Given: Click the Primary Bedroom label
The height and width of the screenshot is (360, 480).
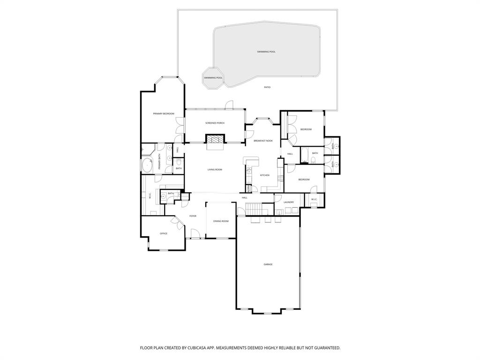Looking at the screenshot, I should pyautogui.click(x=164, y=114).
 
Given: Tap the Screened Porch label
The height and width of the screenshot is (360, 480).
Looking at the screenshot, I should pyautogui.click(x=215, y=123).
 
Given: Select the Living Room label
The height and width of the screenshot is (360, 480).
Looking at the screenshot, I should pyautogui.click(x=215, y=170).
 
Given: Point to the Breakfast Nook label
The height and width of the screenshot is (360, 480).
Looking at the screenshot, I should pyautogui.click(x=263, y=141).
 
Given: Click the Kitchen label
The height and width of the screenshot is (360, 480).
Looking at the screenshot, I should pyautogui.click(x=265, y=175).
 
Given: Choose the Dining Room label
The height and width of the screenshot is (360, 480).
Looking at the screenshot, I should pyautogui.click(x=221, y=221).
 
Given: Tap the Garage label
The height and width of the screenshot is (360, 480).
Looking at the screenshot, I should pyautogui.click(x=268, y=264).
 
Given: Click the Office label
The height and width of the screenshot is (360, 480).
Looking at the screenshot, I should pyautogui.click(x=164, y=233).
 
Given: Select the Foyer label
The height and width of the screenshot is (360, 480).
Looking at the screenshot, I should pyautogui.click(x=193, y=216).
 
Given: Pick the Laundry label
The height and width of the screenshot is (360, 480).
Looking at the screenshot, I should pyautogui.click(x=289, y=202).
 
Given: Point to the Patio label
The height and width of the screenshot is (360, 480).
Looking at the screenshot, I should pyautogui.click(x=267, y=87).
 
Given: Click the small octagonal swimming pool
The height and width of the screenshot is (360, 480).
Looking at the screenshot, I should pyautogui.click(x=213, y=77).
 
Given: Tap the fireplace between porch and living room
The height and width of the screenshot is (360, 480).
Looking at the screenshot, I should pyautogui.click(x=215, y=139).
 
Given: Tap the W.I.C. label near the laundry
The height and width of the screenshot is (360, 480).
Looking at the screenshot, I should pyautogui.click(x=313, y=200).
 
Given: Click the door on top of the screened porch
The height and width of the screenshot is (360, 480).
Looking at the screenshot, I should pyautogui.click(x=228, y=105).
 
